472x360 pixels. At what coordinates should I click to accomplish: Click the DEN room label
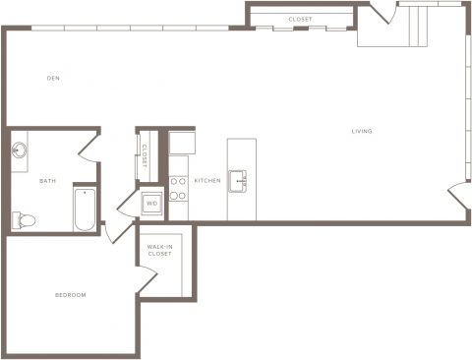(x=53, y=78)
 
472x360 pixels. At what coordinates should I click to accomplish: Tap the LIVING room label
(x=362, y=131)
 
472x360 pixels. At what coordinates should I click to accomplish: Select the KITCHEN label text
(x=207, y=181)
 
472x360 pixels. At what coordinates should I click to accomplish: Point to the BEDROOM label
(x=71, y=295)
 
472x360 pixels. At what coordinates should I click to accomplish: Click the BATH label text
(x=47, y=181)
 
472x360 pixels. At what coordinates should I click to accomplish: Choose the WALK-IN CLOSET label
(x=160, y=250)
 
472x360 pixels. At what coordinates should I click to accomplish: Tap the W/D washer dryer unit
(x=151, y=204)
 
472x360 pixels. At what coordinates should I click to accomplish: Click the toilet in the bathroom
(x=24, y=220)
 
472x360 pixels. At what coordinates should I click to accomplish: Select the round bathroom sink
(x=20, y=150)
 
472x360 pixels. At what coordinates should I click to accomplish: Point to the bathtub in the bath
(x=85, y=210)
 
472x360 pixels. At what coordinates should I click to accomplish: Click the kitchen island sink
(x=238, y=181)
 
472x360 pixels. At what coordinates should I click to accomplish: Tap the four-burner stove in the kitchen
(x=178, y=188)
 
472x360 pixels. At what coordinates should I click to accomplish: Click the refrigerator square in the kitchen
(x=182, y=143)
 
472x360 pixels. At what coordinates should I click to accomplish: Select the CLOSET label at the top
(x=300, y=20)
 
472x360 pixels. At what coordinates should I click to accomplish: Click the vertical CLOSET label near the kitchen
(x=145, y=156)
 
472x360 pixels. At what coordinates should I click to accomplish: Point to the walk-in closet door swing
(x=147, y=278)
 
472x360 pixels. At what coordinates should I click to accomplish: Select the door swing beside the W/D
(x=127, y=204)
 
